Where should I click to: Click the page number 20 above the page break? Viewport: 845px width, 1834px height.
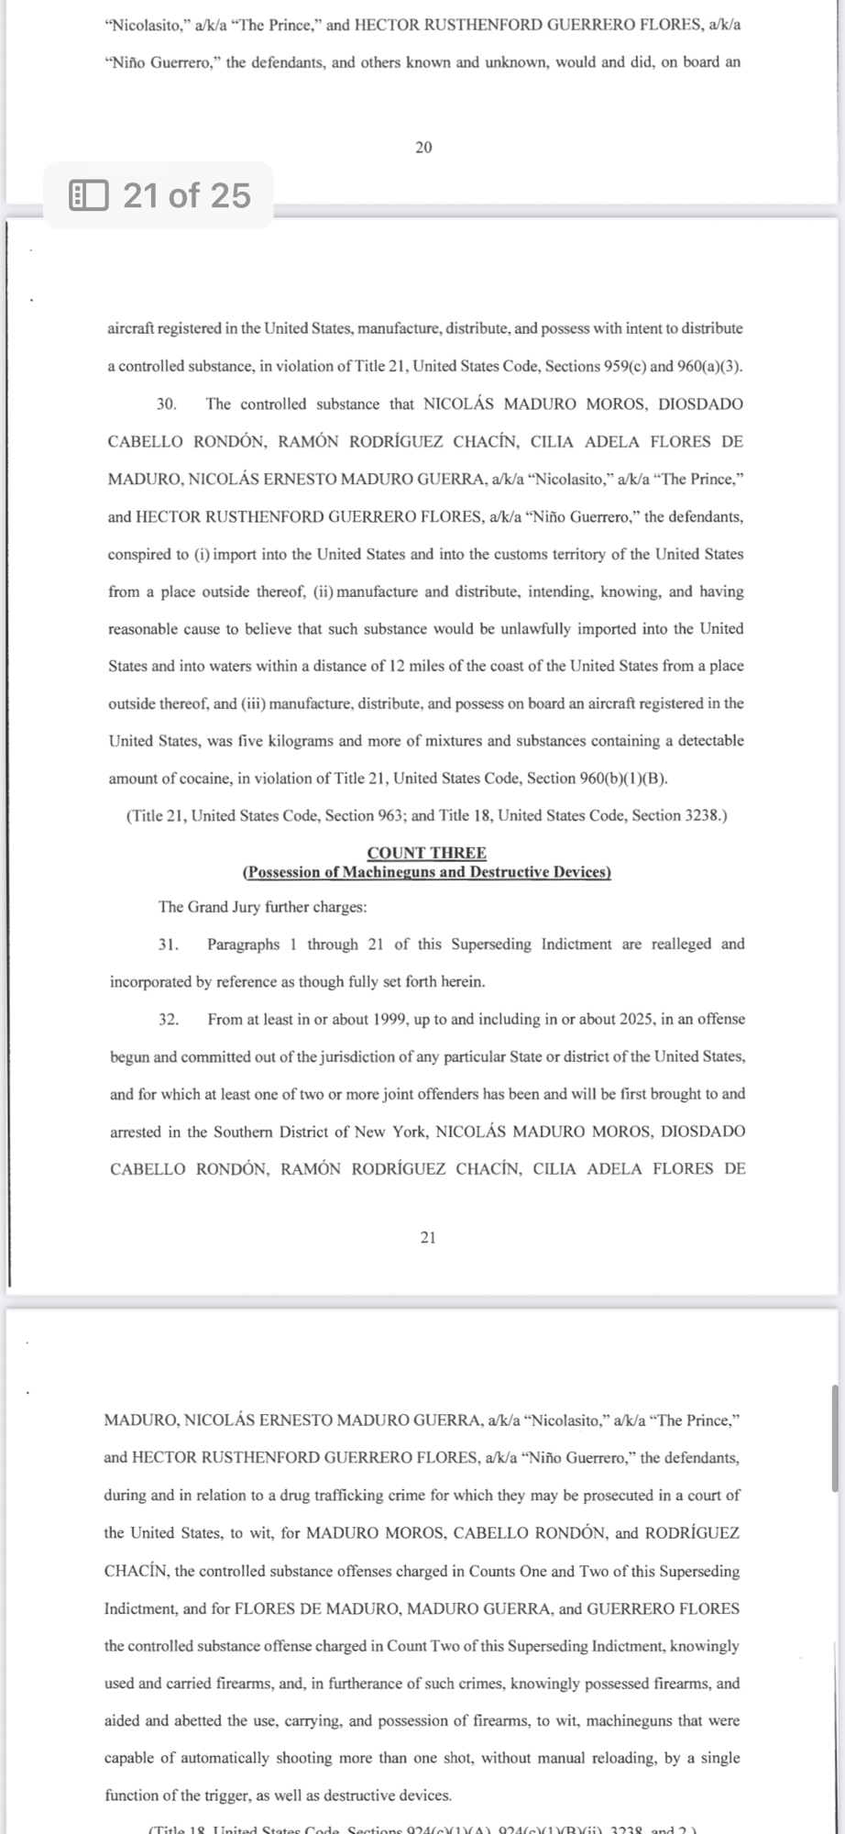[x=423, y=148]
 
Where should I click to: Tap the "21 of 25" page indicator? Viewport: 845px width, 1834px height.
[x=186, y=195]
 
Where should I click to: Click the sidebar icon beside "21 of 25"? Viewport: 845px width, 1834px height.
[x=89, y=195]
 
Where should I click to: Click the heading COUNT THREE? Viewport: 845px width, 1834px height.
[x=426, y=853]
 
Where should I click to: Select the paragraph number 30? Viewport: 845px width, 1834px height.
[x=167, y=404]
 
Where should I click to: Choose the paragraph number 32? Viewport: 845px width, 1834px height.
[x=168, y=1020]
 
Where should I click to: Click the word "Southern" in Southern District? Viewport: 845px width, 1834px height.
[x=245, y=1132]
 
